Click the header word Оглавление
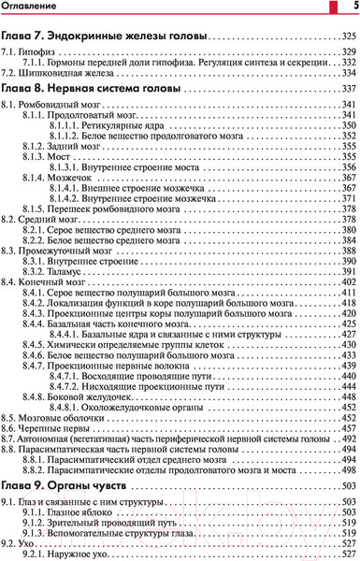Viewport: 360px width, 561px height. pyautogui.click(x=32, y=7)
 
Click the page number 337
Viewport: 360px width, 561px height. pyautogui.click(x=347, y=88)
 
